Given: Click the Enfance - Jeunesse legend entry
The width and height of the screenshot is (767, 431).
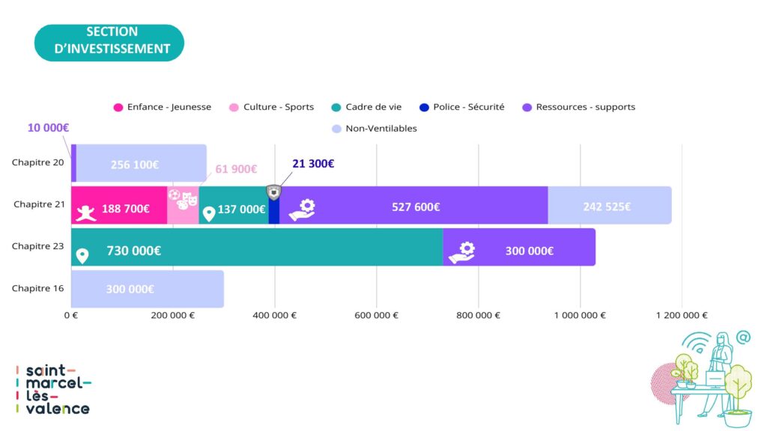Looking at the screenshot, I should pos(163,107).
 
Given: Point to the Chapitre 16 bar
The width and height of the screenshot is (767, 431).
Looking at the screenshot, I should pos(147,289).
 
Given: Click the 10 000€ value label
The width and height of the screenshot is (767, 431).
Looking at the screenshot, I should pos(48,128).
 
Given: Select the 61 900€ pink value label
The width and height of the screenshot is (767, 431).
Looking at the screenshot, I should pos(236,169).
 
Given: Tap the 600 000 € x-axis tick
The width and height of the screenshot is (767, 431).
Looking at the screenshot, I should pos(376,315).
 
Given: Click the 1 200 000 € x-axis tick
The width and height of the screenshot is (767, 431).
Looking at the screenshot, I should pos(682,315).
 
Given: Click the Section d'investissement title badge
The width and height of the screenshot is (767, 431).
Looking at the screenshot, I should pos(110,41).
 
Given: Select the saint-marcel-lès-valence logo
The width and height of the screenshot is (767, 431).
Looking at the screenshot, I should pos(53,389).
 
